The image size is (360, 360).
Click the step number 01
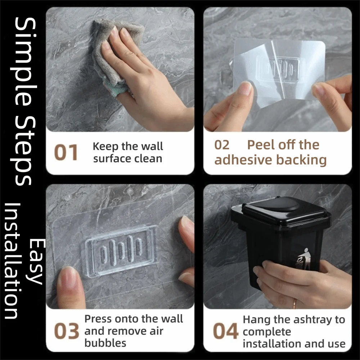click(66, 152)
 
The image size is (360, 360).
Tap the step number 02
click(222, 145)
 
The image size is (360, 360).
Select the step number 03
click(66, 331)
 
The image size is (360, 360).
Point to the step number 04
click(225, 331)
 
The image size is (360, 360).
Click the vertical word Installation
click(12, 261)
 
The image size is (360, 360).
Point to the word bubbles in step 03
click(105, 343)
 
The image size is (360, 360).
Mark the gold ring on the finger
click(295, 303)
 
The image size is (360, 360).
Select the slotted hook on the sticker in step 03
click(121, 250)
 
